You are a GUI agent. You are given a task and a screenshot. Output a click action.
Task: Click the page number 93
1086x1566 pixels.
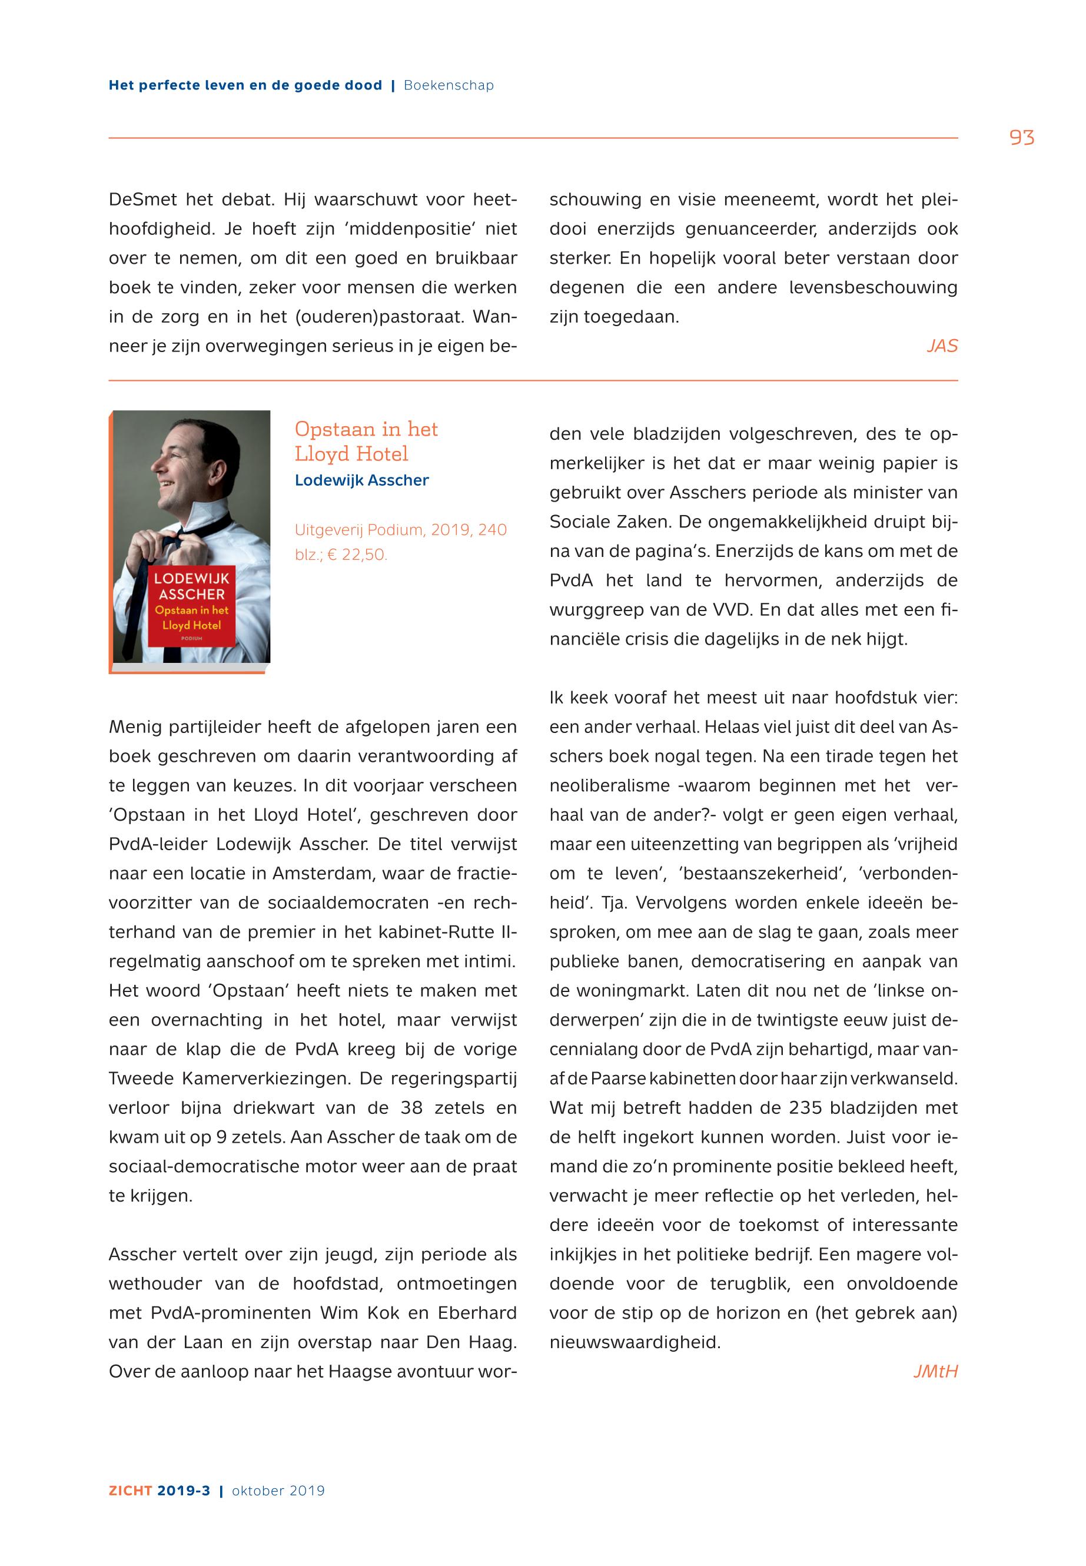1021,138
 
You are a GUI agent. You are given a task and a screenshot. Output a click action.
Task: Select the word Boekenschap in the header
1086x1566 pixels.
449,86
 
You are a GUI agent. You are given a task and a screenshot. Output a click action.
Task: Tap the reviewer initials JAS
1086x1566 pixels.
942,346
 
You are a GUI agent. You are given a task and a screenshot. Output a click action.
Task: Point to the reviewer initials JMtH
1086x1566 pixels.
935,1371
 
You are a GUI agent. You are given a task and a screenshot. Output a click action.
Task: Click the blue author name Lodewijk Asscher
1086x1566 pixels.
361,480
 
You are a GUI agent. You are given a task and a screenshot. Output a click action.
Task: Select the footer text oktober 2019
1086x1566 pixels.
278,1491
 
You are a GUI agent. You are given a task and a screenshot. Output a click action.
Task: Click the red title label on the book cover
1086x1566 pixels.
191,605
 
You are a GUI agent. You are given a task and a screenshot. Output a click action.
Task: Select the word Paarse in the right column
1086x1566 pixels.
618,1079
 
